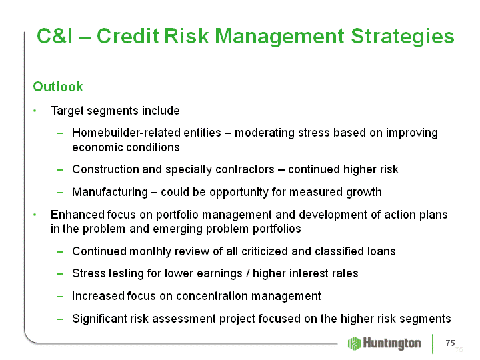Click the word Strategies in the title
tap(402, 37)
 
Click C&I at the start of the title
tap(55, 36)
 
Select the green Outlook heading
tap(58, 87)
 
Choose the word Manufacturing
tap(110, 192)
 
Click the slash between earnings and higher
tap(247, 273)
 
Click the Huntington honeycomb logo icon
tap(354, 343)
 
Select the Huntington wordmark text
tap(392, 343)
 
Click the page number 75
tap(450, 343)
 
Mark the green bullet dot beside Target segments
tap(35, 111)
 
